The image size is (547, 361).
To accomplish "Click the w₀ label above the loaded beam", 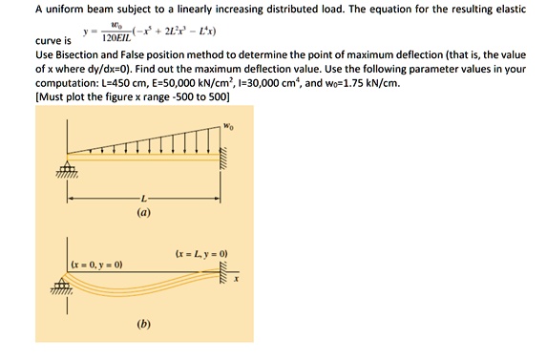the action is (x=226, y=124).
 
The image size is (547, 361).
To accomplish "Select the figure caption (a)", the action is (x=144, y=216).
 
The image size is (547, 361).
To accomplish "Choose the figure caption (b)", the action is (x=144, y=325).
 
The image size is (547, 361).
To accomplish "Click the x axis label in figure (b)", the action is (x=238, y=280).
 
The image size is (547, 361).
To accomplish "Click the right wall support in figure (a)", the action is (x=225, y=153).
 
